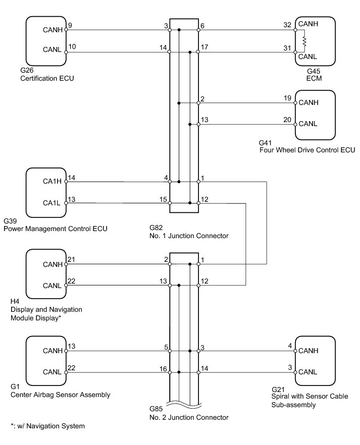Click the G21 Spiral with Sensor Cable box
coord(315,361)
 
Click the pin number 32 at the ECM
coord(287,24)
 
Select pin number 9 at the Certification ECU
coord(70,25)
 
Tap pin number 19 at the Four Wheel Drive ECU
coord(287,97)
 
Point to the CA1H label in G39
coord(53,182)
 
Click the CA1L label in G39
coord(53,203)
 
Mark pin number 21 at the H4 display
coord(71,259)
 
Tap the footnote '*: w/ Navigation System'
coord(47,426)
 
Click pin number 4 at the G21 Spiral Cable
coord(289,345)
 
